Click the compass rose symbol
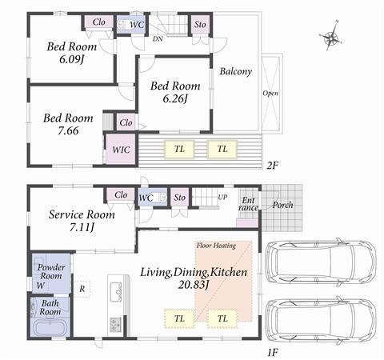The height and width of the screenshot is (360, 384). [x=331, y=37]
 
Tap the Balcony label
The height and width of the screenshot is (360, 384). [x=235, y=71]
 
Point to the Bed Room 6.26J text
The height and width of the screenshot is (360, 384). [x=174, y=92]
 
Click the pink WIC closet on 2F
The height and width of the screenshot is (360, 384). [x=121, y=150]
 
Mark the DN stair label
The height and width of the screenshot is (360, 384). [x=158, y=38]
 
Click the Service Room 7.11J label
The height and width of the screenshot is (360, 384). [x=82, y=221]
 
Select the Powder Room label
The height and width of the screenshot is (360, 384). [x=50, y=272]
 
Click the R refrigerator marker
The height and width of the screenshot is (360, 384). [x=82, y=288]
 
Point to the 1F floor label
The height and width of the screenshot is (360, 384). [x=273, y=350]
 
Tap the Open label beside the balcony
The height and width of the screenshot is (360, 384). [x=270, y=93]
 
